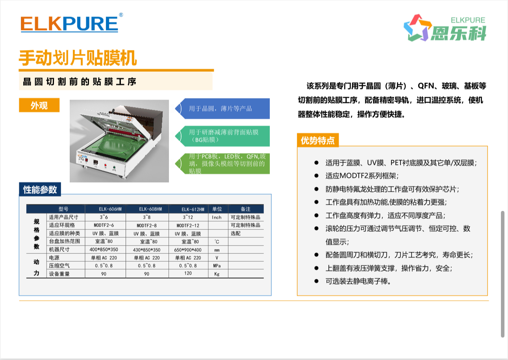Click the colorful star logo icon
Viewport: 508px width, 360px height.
417,28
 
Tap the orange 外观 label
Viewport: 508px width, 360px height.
39,105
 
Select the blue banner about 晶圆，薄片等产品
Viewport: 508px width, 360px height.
222,109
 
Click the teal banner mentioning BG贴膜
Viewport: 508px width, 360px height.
222,136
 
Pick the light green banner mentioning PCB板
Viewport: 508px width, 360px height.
222,164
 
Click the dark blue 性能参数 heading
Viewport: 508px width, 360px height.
40,189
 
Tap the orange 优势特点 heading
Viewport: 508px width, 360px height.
317,140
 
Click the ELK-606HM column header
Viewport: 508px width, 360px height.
110,209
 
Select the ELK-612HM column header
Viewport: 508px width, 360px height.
193,209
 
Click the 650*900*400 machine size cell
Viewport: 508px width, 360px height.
188,250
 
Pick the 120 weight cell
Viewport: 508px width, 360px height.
188,273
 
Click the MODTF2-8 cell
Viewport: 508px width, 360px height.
147,225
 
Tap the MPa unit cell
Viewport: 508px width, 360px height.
217,266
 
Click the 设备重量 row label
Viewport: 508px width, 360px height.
59,274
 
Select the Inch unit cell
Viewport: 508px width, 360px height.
217,217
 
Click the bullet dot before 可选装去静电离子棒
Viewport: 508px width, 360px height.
316,281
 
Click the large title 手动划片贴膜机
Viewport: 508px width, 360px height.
78,58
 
